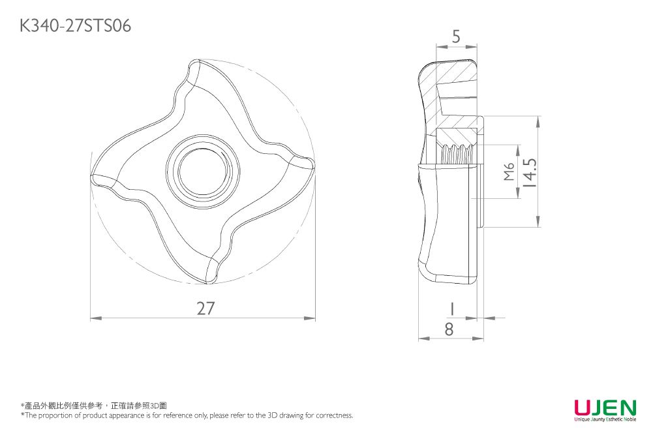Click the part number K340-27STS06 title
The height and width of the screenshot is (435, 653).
pos(76,25)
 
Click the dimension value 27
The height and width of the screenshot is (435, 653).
pos(205,308)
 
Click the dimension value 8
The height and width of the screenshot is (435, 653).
pos(448,330)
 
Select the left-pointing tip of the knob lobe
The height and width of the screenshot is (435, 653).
pos(94,177)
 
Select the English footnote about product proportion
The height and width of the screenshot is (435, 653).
pos(187,415)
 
